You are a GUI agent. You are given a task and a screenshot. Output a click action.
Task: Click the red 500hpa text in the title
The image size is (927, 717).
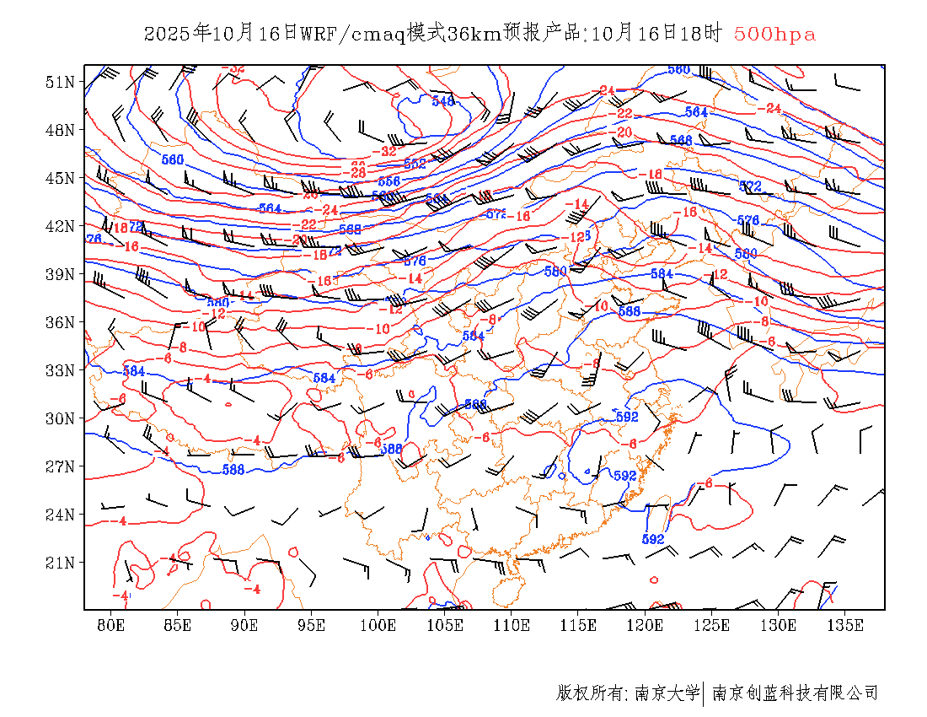(x=774, y=35)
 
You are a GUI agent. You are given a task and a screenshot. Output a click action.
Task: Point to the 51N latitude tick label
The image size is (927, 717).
(x=60, y=82)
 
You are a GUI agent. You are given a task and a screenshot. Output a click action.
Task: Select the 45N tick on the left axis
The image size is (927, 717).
(x=60, y=178)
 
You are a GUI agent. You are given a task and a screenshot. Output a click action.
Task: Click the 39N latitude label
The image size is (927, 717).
(x=60, y=274)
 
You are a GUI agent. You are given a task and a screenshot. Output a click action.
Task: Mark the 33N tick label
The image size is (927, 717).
(x=60, y=370)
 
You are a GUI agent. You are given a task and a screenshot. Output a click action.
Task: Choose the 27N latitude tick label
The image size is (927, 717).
(x=60, y=466)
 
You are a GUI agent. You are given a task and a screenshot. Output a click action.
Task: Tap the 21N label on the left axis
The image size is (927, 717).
(x=60, y=563)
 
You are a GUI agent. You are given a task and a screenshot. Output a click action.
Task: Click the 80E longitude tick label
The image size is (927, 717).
(x=111, y=625)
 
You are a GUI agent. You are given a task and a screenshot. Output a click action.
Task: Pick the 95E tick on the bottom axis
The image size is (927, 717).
(x=312, y=625)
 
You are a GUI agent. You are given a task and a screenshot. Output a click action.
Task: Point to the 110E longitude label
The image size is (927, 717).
(x=512, y=625)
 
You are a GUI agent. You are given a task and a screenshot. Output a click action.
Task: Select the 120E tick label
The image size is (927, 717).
(x=646, y=625)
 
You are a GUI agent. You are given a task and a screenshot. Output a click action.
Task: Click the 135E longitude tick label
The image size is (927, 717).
(x=845, y=625)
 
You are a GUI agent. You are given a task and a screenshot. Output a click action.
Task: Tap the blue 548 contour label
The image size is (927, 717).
(x=443, y=101)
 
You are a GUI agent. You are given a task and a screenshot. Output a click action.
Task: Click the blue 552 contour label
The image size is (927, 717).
(x=415, y=164)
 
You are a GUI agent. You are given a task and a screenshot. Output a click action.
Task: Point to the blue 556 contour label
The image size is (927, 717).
(x=388, y=181)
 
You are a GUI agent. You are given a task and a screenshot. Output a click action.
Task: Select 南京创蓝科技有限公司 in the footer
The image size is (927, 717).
(x=796, y=693)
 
